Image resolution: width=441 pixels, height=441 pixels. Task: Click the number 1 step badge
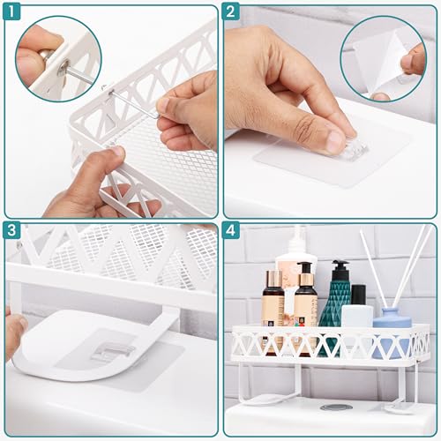point(14,13)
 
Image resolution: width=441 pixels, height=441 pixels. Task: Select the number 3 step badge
point(14,232)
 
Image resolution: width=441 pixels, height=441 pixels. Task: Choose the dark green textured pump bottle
point(336,304)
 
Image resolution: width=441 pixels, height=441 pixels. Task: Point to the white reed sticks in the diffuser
point(388,265)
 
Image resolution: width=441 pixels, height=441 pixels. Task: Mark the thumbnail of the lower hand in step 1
point(113,153)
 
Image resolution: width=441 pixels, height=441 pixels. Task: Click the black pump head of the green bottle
point(340,269)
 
